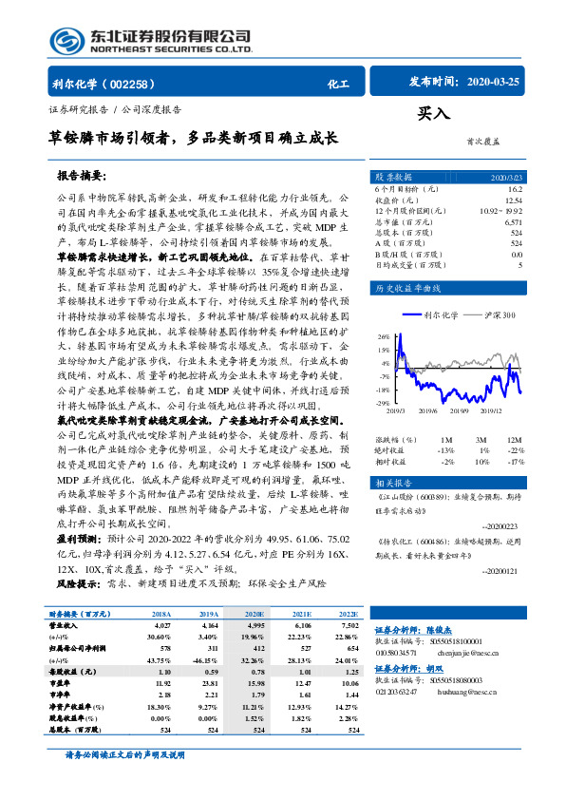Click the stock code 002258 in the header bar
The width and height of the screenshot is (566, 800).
coord(137,84)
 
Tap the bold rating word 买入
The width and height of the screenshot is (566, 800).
coord(434,114)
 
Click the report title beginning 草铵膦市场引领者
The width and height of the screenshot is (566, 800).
coord(193,138)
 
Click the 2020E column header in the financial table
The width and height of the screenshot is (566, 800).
coord(256,614)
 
